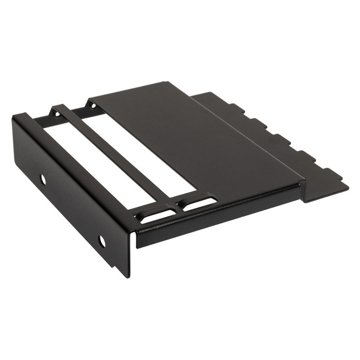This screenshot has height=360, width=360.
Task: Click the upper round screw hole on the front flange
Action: tap(43, 180)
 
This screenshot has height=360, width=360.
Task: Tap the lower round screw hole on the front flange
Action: tap(102, 241)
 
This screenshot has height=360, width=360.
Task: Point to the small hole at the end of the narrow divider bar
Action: tap(57, 113)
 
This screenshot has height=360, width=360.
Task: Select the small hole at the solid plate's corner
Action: tap(93, 106)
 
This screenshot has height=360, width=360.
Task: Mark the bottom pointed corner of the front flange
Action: tap(129, 276)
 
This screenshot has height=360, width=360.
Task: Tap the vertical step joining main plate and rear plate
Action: tap(302, 189)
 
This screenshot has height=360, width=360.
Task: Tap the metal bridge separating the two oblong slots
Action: tap(177, 208)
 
